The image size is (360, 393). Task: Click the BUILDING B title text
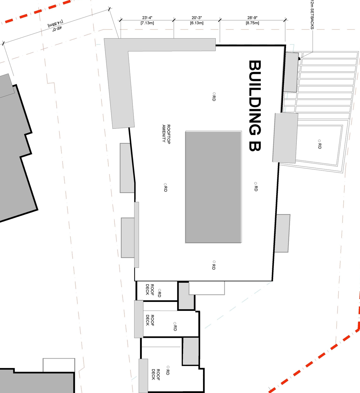coord(255,106)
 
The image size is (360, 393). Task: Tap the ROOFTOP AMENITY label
coord(166,134)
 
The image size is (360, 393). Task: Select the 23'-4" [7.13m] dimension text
coord(147,20)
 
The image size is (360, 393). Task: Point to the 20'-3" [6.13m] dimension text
coord(197,20)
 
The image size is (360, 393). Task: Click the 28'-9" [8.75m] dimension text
coord(252,20)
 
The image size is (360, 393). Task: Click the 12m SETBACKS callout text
coord(312,15)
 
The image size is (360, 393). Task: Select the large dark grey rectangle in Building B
coord(213,187)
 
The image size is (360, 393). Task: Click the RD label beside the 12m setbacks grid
coord(319,144)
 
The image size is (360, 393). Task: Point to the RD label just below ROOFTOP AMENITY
coord(165,188)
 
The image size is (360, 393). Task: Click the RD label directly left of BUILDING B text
coord(214,97)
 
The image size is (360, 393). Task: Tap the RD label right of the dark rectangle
coord(256,187)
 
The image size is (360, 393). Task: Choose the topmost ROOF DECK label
coord(150,289)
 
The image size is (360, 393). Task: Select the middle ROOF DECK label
coord(150,320)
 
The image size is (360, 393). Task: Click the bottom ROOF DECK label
coord(156,374)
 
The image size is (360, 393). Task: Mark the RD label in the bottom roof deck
coord(168,371)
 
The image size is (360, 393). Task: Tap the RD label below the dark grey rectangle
coord(214,265)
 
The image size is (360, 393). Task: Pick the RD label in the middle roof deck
coord(175,326)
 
